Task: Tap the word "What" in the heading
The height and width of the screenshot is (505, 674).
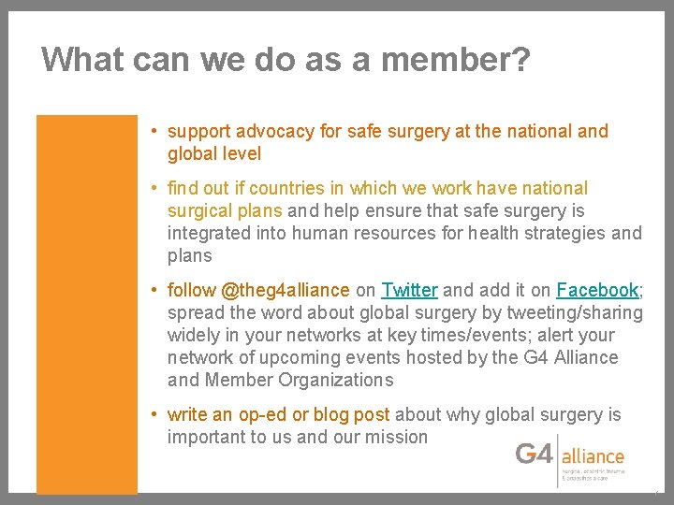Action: [x=83, y=60]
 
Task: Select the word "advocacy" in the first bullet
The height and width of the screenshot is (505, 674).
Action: [x=274, y=131]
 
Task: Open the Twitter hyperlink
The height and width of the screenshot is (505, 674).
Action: [x=409, y=290]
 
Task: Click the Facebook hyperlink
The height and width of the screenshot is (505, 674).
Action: [x=597, y=290]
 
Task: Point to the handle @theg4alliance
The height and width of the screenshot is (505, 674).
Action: [x=286, y=290]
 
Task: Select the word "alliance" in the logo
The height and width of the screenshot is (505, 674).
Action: [x=593, y=456]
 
